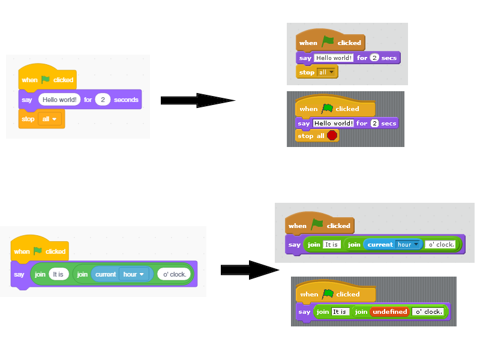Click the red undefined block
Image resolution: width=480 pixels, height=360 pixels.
[389, 311]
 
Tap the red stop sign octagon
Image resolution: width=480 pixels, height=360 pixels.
[332, 136]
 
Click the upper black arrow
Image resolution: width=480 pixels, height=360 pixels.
[197, 100]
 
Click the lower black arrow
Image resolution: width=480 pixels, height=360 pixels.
[248, 270]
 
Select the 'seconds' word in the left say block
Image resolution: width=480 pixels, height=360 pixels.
[126, 100]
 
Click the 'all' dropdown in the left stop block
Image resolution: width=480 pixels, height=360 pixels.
[50, 119]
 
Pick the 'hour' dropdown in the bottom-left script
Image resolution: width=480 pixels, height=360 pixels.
[134, 274]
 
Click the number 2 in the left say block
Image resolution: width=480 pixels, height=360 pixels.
[103, 100]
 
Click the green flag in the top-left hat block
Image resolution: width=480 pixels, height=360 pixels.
[46, 79]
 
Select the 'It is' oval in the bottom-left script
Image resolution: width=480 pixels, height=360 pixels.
[58, 274]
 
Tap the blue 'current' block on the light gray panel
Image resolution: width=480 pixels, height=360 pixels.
[379, 244]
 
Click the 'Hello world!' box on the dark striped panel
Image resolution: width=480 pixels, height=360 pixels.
[334, 123]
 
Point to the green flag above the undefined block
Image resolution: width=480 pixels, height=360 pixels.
[328, 294]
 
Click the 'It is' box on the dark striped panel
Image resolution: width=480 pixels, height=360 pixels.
[340, 311]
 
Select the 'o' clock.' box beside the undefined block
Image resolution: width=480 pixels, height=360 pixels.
[429, 311]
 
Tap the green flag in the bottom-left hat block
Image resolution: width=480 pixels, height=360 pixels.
[38, 251]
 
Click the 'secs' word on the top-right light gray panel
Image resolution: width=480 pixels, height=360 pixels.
[389, 58]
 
